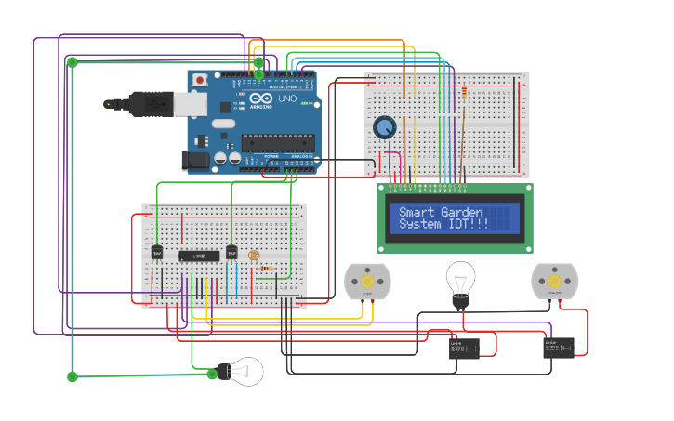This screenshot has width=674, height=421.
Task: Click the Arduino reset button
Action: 199,81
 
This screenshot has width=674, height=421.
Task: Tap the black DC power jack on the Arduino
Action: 195,159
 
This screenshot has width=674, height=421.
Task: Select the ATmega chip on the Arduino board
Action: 277,142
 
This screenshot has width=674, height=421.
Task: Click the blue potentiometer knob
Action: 384,127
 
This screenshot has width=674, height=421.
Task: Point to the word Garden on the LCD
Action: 462,213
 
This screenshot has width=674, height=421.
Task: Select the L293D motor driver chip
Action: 199,256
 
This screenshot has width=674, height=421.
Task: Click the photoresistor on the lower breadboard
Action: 255,256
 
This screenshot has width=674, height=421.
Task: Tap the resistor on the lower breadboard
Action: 267,269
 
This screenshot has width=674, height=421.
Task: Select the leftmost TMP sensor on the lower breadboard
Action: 157,252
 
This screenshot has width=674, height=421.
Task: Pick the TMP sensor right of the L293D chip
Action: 231,252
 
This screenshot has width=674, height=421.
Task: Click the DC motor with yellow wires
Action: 367,281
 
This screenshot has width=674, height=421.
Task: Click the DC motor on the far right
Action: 554,280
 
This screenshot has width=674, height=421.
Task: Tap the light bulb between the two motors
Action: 460,281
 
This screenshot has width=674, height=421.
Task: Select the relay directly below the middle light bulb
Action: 464,349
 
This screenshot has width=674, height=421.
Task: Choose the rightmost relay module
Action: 559,348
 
